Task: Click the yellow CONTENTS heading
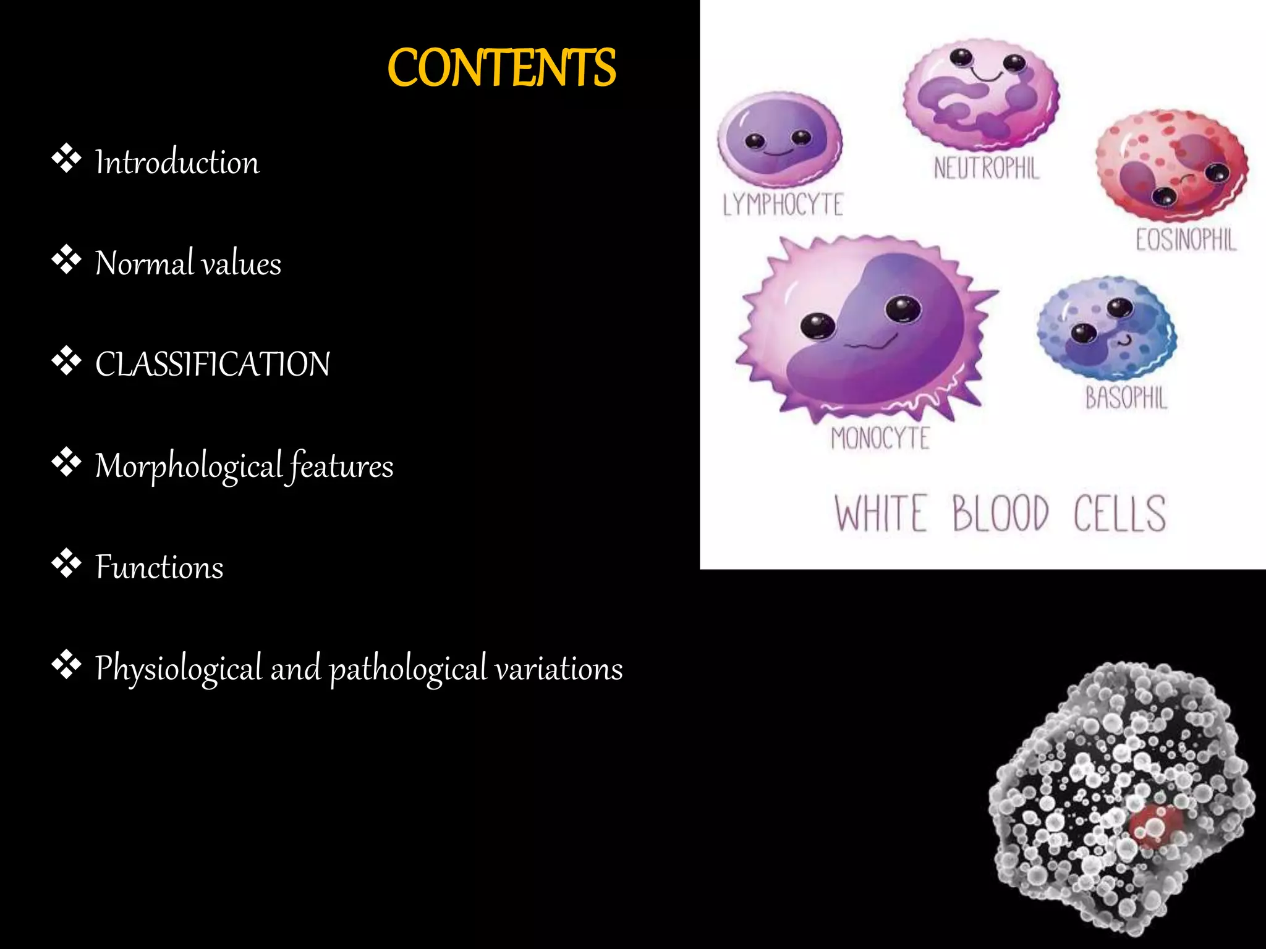point(501,68)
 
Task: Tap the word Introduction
point(177,162)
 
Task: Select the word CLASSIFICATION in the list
point(213,364)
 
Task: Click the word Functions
point(159,567)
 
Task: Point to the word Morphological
point(189,466)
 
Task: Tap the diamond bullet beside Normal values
point(66,260)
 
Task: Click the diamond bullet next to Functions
point(66,563)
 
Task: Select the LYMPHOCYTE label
point(783,205)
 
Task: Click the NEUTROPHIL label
point(986,168)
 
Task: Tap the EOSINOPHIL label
point(1186,240)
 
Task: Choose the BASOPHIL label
point(1126,398)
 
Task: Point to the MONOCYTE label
point(880,439)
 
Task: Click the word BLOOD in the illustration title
point(1000,513)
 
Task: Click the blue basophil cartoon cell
point(1107,327)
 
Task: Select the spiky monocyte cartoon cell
point(865,327)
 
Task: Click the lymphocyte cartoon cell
point(779,139)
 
